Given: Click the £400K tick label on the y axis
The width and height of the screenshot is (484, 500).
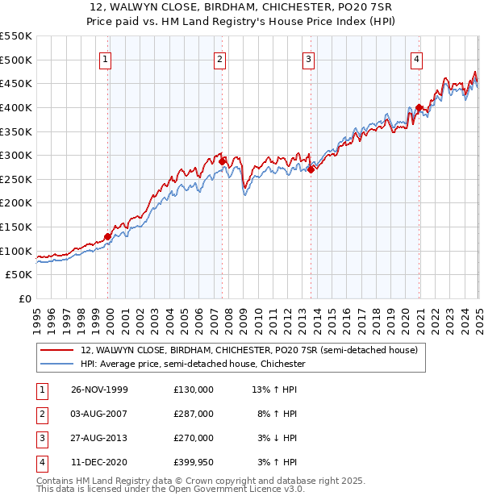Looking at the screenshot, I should pyautogui.click(x=16, y=107).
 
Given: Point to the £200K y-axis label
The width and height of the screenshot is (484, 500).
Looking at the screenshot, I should pyautogui.click(x=16, y=203).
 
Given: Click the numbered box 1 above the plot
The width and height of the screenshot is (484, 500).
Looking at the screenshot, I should pyautogui.click(x=107, y=58).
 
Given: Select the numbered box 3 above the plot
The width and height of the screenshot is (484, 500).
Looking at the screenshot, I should pyautogui.click(x=309, y=58).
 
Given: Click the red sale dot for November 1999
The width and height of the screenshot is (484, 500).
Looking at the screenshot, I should pyautogui.click(x=108, y=236).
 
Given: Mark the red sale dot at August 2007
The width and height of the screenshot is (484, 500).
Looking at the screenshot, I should pyautogui.click(x=222, y=161).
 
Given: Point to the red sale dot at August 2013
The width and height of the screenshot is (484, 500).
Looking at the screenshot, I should pyautogui.click(x=311, y=169).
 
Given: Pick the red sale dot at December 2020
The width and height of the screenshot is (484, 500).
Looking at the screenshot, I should pyautogui.click(x=419, y=107).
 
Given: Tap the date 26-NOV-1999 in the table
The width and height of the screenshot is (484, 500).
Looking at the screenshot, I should pyautogui.click(x=100, y=390).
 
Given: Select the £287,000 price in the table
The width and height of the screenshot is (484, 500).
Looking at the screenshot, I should pyautogui.click(x=194, y=414).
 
